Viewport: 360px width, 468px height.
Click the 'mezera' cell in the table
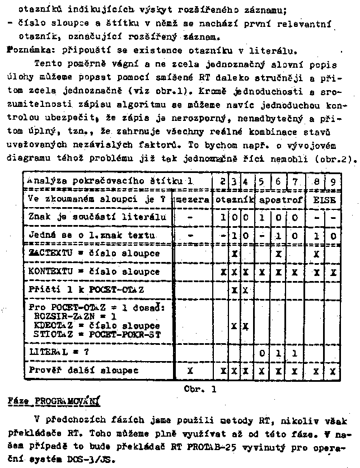[x=193, y=199]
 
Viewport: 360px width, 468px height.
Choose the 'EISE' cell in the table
[x=324, y=199]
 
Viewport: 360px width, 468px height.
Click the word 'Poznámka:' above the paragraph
[x=27, y=50]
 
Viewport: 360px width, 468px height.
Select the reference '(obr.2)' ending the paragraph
[x=336, y=158]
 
